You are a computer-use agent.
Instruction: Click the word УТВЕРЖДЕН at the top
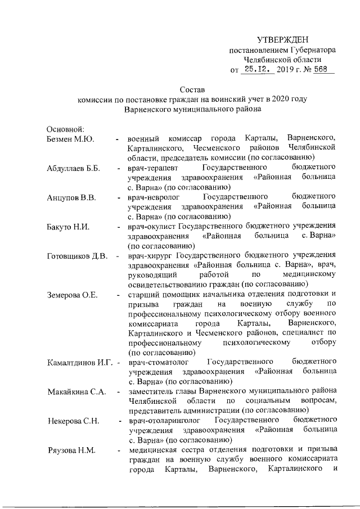click(282, 39)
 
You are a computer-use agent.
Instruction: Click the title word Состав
click(192, 89)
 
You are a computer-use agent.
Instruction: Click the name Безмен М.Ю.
click(70, 139)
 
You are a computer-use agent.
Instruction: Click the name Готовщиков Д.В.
click(77, 257)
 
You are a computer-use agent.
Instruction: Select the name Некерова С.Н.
click(74, 421)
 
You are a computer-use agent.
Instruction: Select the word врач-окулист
click(150, 227)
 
